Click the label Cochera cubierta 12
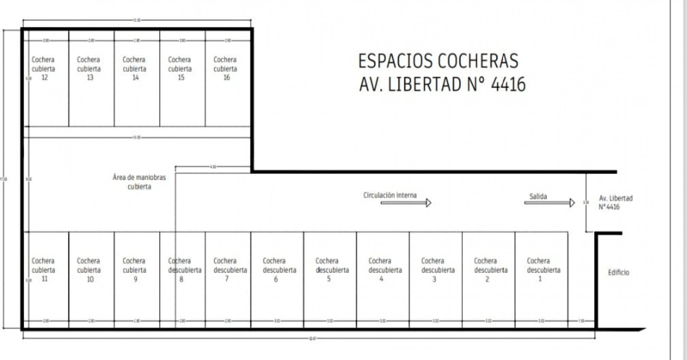click(44, 69)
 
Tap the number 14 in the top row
click(135, 78)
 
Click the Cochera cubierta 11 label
click(44, 270)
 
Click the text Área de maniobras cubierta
click(139, 182)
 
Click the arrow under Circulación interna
click(406, 203)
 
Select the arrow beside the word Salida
click(549, 203)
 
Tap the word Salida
click(538, 196)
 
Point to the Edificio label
click(618, 272)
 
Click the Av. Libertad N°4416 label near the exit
click(615, 202)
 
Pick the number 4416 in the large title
click(508, 84)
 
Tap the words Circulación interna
click(390, 195)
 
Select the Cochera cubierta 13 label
click(89, 69)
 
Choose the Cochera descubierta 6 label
click(279, 270)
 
